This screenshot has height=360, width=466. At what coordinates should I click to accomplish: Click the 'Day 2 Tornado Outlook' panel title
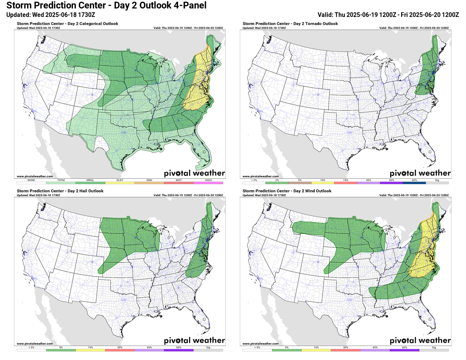click(290, 24)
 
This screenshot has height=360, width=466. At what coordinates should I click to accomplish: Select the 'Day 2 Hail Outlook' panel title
click(60, 191)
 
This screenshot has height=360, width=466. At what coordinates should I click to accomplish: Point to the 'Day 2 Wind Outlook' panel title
click(286, 191)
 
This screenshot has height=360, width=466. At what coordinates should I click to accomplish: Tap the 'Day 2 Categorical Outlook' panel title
click(68, 24)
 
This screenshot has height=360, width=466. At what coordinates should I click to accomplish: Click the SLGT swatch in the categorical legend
click(120, 183)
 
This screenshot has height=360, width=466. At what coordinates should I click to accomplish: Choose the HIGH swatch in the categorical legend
click(208, 183)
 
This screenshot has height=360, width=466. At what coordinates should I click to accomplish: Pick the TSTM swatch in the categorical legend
click(61, 183)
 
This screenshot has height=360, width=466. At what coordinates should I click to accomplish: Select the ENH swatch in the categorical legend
click(150, 183)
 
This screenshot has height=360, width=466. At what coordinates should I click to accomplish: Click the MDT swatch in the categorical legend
click(179, 183)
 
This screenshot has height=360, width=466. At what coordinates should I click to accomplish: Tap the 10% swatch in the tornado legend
click(323, 183)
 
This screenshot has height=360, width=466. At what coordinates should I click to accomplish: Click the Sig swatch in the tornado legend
click(437, 183)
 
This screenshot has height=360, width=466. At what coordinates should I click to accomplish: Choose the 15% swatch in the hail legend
click(90, 350)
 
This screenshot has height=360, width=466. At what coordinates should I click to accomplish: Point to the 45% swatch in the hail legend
click(150, 350)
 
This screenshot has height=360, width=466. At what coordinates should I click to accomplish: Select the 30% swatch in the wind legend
click(346, 350)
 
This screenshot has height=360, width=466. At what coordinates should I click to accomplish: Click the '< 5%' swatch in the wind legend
click(257, 350)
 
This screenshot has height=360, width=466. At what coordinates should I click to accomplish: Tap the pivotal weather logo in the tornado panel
click(420, 173)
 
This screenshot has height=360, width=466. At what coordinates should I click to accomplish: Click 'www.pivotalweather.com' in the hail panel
click(35, 343)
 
